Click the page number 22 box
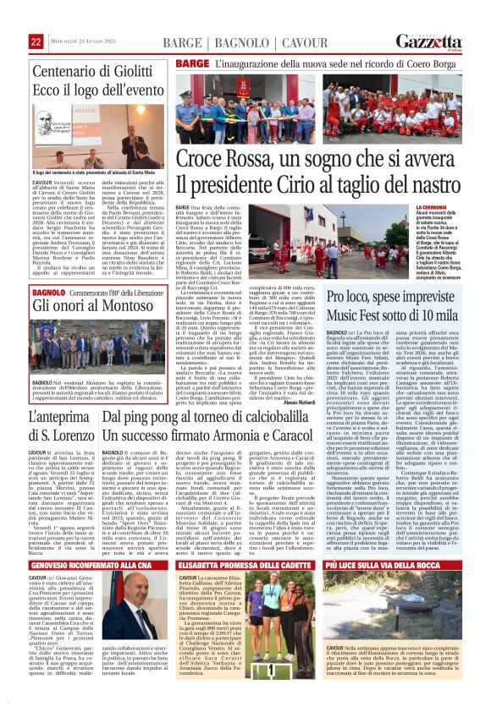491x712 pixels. tap(36, 41)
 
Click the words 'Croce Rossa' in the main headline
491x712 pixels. tap(222, 158)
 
